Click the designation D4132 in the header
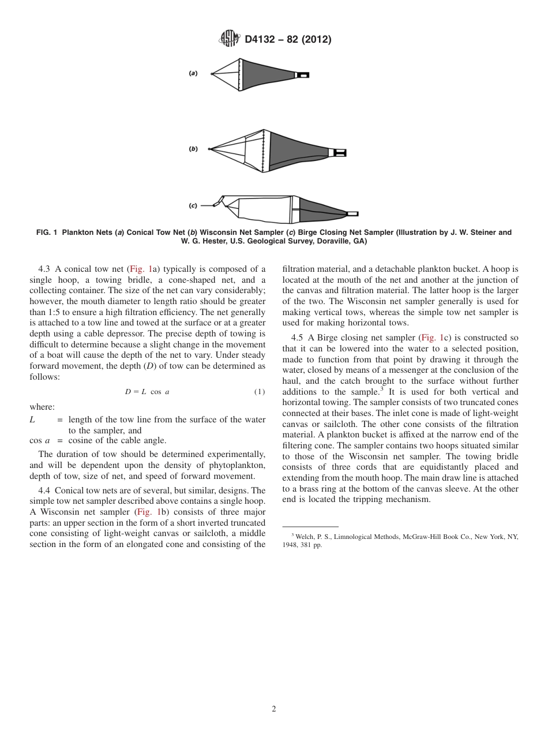pyautogui.click(x=263, y=40)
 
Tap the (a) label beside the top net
pyautogui.click(x=193, y=73)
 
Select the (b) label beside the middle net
pyautogui.click(x=193, y=148)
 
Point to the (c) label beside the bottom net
pyautogui.click(x=193, y=205)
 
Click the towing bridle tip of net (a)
pyautogui.click(x=212, y=74)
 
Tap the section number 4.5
pyautogui.click(x=298, y=338)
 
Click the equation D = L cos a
pyautogui.click(x=147, y=392)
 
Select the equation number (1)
pyautogui.click(x=260, y=392)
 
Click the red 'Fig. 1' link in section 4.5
pyautogui.click(x=430, y=338)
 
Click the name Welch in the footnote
pyautogui.click(x=304, y=537)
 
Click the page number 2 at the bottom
pyautogui.click(x=274, y=709)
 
